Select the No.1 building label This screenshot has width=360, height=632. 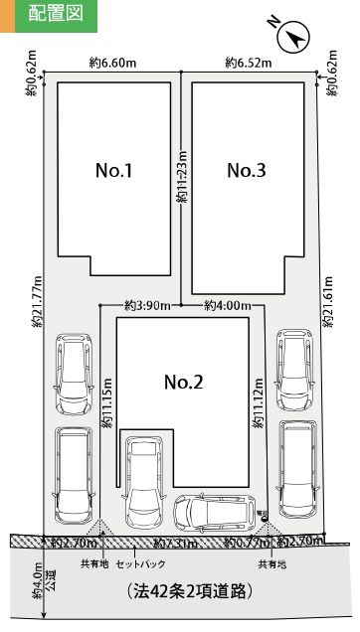tap(113, 170)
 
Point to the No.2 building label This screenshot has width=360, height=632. tap(183, 382)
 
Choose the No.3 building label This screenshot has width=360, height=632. tap(246, 170)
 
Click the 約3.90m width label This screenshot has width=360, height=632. tap(147, 305)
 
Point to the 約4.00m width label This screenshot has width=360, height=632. tap(227, 305)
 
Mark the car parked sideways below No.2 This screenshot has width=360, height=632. tap(213, 511)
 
